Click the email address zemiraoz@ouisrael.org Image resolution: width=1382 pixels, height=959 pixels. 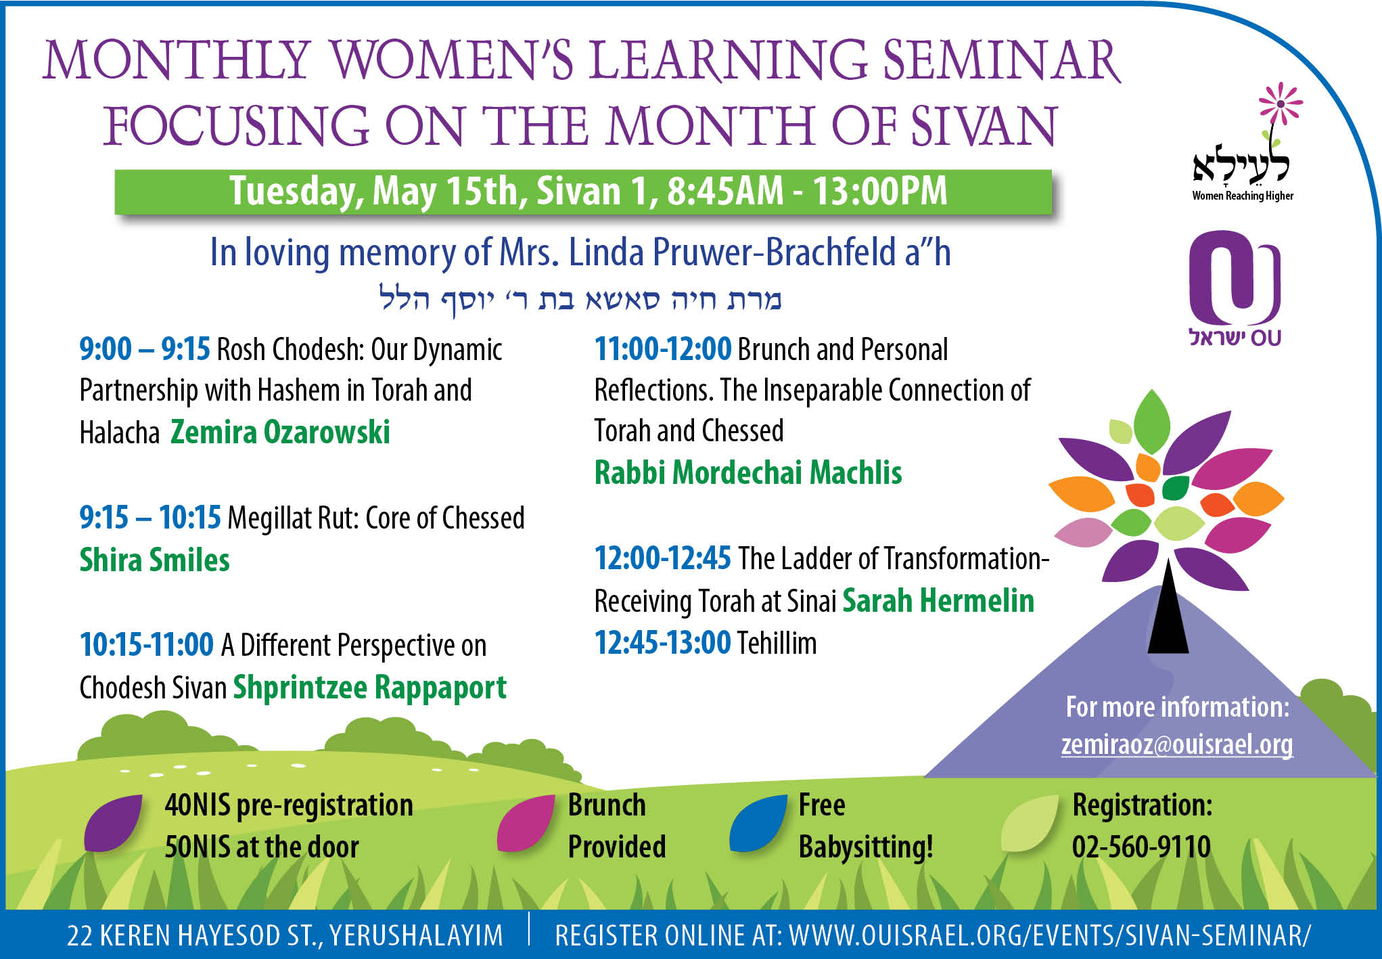[x=1177, y=744]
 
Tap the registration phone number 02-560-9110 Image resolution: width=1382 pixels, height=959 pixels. [x=1141, y=847]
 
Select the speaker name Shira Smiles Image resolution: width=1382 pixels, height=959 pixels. [x=155, y=560]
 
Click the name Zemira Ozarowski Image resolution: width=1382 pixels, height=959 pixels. [x=280, y=432]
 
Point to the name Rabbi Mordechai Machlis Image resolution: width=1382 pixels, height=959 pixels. [x=748, y=472]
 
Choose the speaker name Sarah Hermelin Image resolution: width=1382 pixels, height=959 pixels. [x=938, y=600]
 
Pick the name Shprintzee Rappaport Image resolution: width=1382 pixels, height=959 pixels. [x=370, y=688]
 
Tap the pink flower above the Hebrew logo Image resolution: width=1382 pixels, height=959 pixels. [x=1280, y=104]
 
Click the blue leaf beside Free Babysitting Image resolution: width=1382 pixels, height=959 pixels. [x=758, y=824]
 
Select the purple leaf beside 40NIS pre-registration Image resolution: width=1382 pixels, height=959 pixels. [x=113, y=824]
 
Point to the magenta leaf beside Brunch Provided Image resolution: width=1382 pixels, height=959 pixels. [x=526, y=824]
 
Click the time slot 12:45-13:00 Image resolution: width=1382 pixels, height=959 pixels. [x=663, y=642]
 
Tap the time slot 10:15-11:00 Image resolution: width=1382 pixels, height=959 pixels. [x=147, y=645]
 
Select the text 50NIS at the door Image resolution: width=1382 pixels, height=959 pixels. [x=262, y=847]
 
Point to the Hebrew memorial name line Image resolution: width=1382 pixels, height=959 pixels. [x=580, y=298]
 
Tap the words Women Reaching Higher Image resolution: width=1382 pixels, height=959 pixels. [x=1243, y=196]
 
